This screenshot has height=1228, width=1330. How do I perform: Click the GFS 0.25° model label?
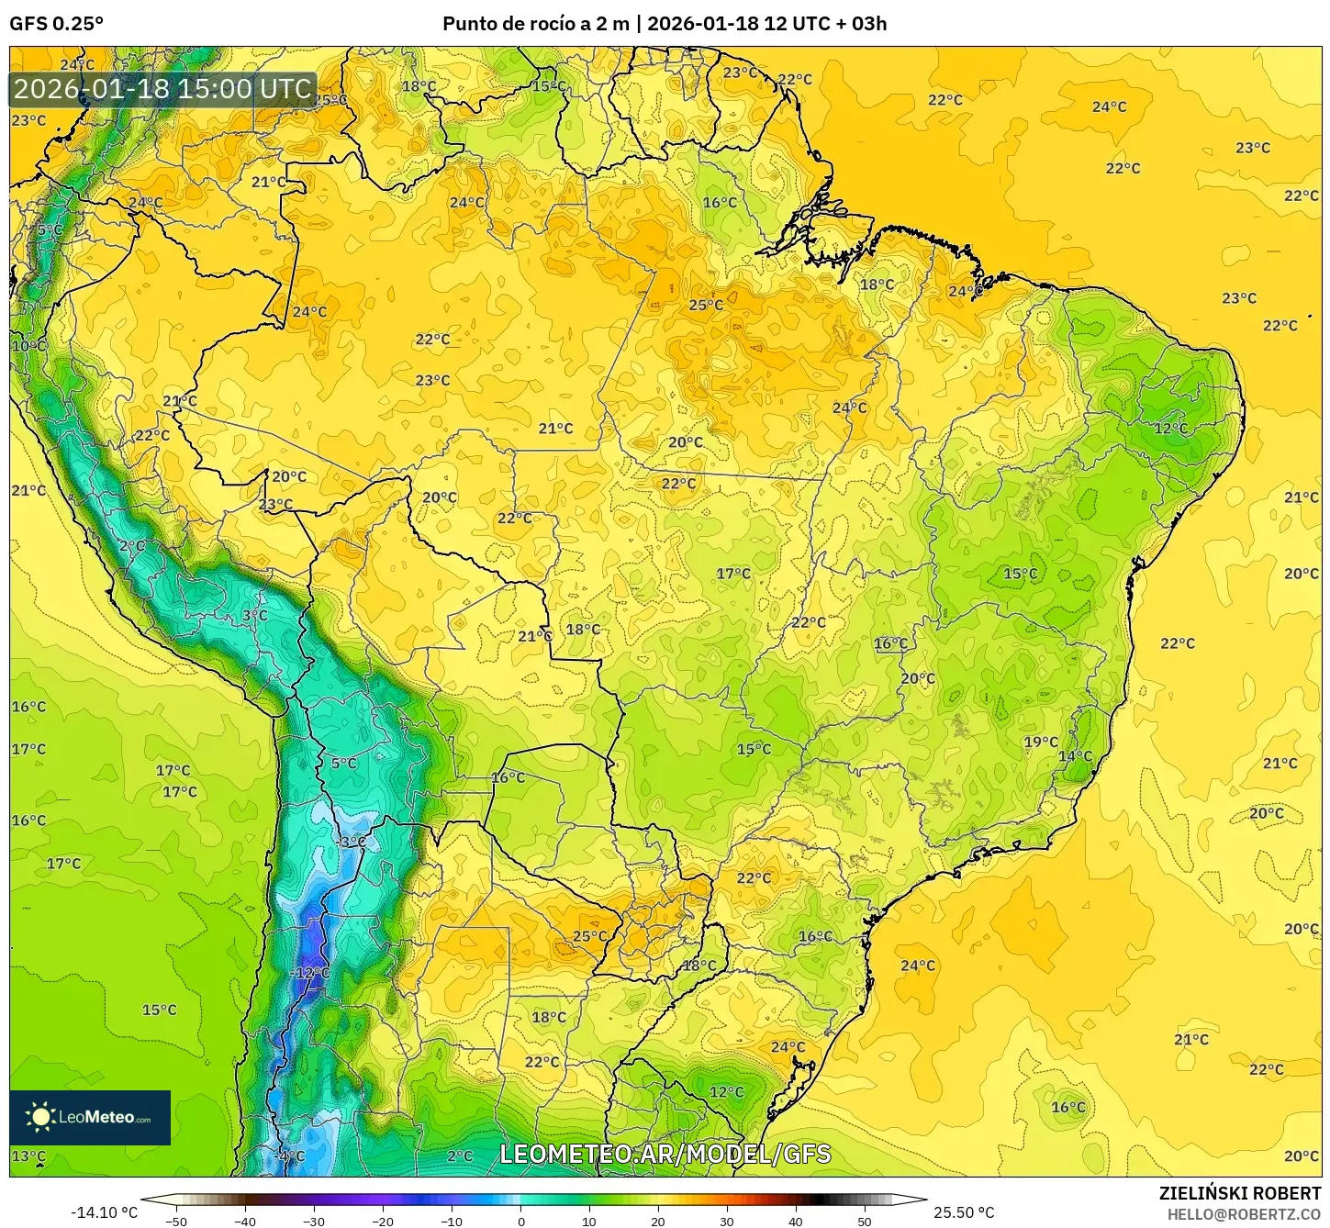pyautogui.click(x=56, y=24)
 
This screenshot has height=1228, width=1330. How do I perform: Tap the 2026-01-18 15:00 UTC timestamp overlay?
pyautogui.click(x=163, y=89)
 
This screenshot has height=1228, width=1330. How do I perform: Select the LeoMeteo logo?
pyautogui.click(x=90, y=1117)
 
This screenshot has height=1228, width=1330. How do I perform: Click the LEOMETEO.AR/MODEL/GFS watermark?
pyautogui.click(x=665, y=1154)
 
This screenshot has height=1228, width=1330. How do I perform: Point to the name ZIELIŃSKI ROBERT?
pyautogui.click(x=1239, y=1194)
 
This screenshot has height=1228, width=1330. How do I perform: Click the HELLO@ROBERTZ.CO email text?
pyautogui.click(x=1244, y=1214)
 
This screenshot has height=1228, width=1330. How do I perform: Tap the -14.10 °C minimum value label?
pyautogui.click(x=106, y=1212)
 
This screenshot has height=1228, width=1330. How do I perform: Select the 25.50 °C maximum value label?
pyautogui.click(x=964, y=1212)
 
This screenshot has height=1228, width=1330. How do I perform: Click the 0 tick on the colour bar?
pyautogui.click(x=520, y=1221)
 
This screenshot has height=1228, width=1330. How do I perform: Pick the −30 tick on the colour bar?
pyautogui.click(x=314, y=1221)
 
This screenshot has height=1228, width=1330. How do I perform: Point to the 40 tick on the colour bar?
pyautogui.click(x=796, y=1221)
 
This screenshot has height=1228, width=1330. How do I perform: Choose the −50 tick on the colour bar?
pyautogui.click(x=176, y=1221)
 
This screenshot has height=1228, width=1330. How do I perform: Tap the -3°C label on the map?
pyautogui.click(x=350, y=842)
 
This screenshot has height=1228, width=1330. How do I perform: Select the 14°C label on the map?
pyautogui.click(x=1075, y=756)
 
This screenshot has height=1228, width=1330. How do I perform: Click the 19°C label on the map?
pyautogui.click(x=1041, y=742)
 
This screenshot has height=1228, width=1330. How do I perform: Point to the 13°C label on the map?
pyautogui.click(x=28, y=1156)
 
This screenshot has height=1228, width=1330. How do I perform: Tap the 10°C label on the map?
pyautogui.click(x=28, y=346)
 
